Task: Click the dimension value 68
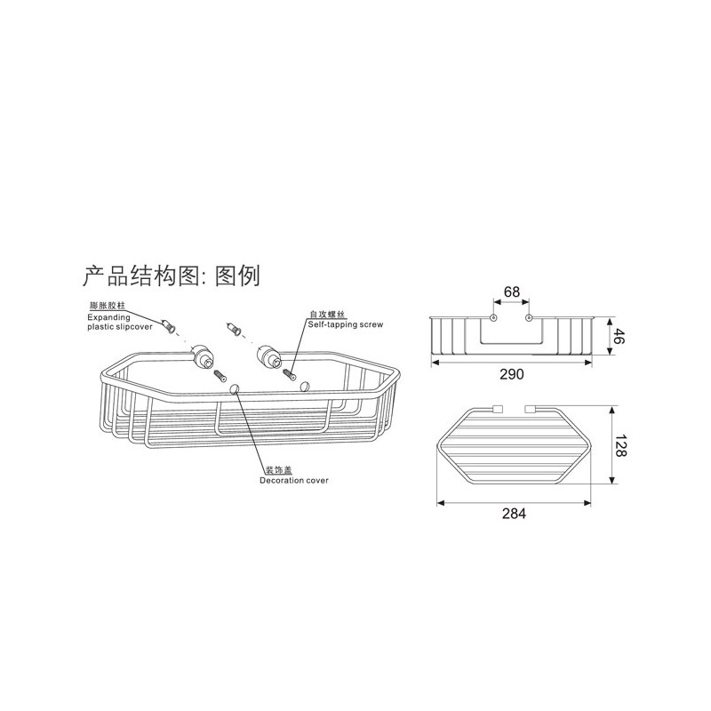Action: tap(512, 292)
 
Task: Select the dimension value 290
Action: tap(512, 374)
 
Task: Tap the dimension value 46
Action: tap(619, 337)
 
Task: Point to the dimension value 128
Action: tap(620, 445)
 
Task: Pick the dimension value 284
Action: tap(514, 514)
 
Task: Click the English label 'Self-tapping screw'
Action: tap(346, 324)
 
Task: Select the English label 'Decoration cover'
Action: tap(294, 481)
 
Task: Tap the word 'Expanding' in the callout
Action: tap(108, 317)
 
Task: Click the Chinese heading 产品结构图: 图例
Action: tap(171, 276)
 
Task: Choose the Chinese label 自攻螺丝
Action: tap(327, 314)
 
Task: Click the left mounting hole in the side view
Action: tap(494, 317)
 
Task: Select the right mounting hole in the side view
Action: tap(528, 317)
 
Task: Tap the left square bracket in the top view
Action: tap(498, 409)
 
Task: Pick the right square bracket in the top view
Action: tap(530, 409)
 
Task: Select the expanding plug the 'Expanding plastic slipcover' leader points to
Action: tap(170, 325)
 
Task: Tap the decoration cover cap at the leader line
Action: tap(235, 388)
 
